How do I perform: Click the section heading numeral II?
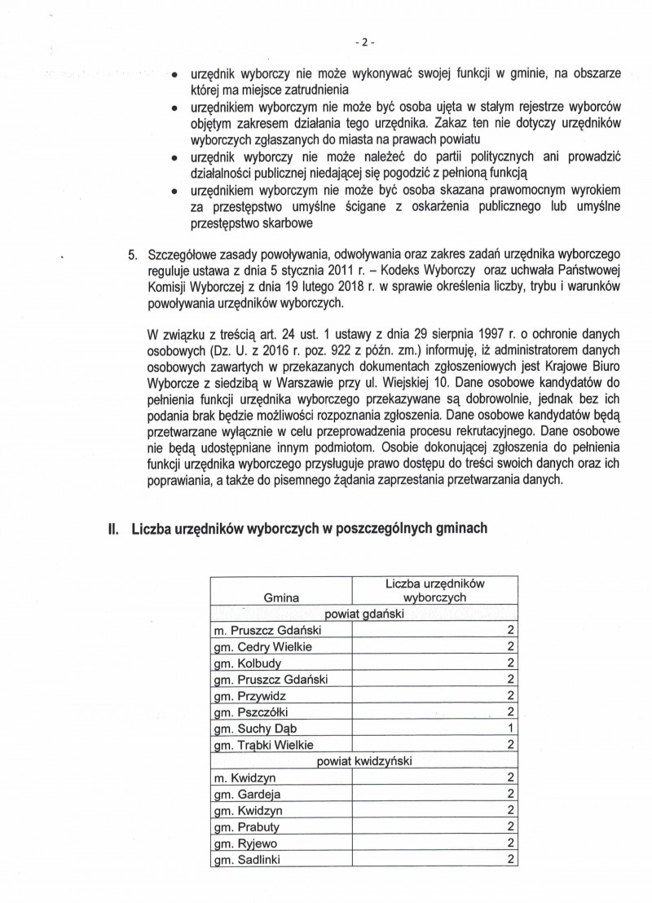click(x=113, y=529)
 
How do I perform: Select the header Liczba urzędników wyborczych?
click(x=434, y=590)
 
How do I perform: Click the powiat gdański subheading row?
click(x=365, y=614)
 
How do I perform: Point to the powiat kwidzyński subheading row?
click(x=365, y=760)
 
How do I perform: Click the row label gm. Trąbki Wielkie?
click(x=262, y=744)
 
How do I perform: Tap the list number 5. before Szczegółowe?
click(x=133, y=255)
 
